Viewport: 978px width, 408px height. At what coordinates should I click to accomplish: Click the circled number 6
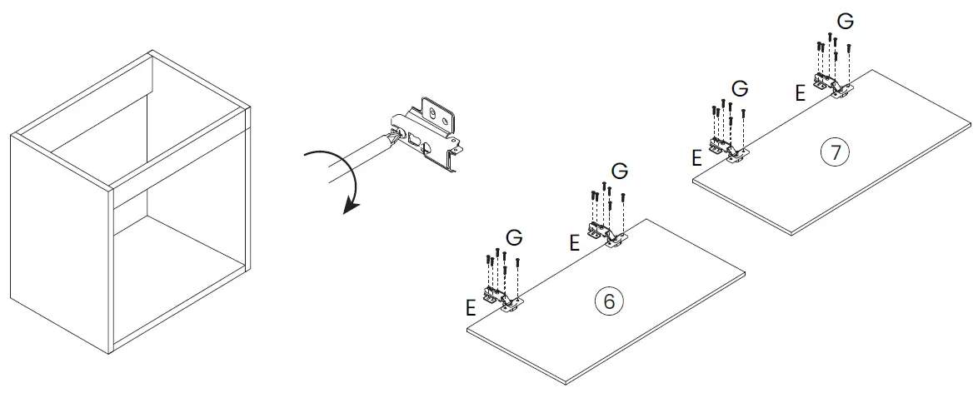(609, 301)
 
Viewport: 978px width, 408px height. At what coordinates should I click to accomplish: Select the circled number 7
(834, 152)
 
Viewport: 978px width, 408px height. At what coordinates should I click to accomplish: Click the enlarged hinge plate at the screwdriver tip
(429, 134)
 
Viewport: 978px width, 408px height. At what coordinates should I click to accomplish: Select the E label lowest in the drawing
(471, 307)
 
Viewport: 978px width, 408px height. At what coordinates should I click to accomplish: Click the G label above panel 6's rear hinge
(620, 171)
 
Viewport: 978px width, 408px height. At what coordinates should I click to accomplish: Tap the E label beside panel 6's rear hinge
(574, 243)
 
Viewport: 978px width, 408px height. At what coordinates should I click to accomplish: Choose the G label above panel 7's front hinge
(739, 88)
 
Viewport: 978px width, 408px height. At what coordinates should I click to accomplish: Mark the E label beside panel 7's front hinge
(697, 158)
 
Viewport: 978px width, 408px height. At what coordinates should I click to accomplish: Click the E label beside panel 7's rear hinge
(800, 93)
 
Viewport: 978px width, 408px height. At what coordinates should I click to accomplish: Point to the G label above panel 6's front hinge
(514, 237)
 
